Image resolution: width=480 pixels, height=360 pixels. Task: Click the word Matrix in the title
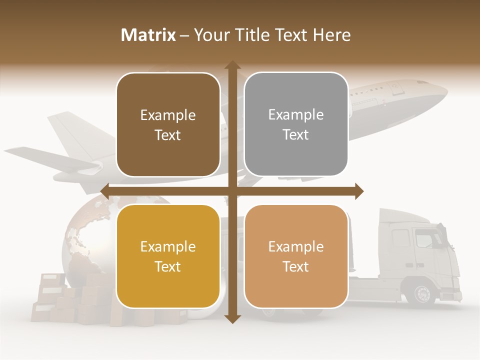click(x=148, y=35)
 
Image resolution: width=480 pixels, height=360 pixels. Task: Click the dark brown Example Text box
click(x=168, y=125)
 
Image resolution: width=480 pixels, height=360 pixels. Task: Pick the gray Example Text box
click(x=296, y=124)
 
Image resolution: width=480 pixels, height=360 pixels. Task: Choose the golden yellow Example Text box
click(x=168, y=256)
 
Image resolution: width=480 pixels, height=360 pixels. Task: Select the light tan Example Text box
click(x=296, y=256)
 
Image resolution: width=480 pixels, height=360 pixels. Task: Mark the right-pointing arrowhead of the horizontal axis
click(x=359, y=191)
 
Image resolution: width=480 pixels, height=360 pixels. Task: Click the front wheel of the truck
click(x=422, y=293)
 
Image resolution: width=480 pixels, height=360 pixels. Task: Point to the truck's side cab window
click(x=425, y=239)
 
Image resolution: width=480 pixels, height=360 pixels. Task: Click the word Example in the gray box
click(x=296, y=114)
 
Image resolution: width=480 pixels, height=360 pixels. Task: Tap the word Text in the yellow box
click(x=168, y=266)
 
